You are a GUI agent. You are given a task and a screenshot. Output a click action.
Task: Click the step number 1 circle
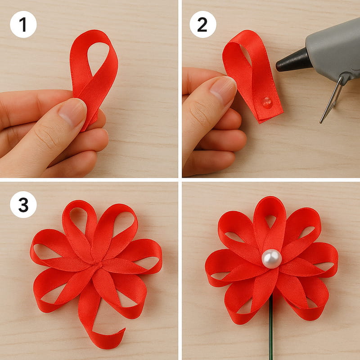[23, 24]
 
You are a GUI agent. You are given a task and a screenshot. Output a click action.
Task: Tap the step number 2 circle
[203, 24]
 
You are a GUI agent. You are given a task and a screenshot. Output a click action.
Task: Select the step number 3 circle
[23, 205]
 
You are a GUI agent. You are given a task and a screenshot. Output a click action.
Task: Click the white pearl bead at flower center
[272, 258]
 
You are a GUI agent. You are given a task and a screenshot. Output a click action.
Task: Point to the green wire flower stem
[271, 328]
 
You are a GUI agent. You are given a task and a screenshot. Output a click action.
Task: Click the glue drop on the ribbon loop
[267, 103]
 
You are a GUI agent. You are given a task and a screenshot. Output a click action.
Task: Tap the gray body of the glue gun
[333, 50]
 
